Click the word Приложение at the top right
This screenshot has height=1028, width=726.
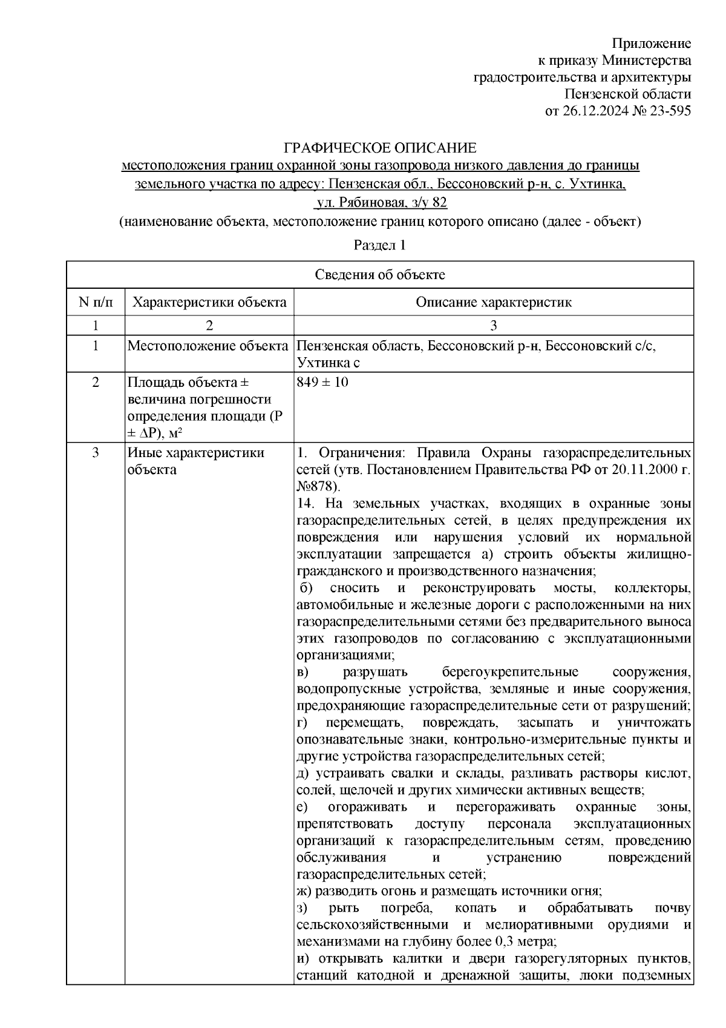pyautogui.click(x=652, y=44)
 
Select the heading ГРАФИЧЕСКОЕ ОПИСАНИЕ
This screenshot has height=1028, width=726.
pyautogui.click(x=381, y=148)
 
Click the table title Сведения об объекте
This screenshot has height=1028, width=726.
pyautogui.click(x=380, y=275)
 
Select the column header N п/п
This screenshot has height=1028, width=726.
pyautogui.click(x=95, y=302)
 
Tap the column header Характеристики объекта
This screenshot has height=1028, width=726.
pyautogui.click(x=209, y=302)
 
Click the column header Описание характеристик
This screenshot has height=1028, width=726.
pyautogui.click(x=493, y=302)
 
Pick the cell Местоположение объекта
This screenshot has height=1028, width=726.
pyautogui.click(x=208, y=346)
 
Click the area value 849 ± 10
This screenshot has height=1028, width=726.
pyautogui.click(x=322, y=383)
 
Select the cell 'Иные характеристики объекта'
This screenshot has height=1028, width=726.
pyautogui.click(x=195, y=461)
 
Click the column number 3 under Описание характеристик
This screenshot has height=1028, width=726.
pyautogui.click(x=493, y=326)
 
